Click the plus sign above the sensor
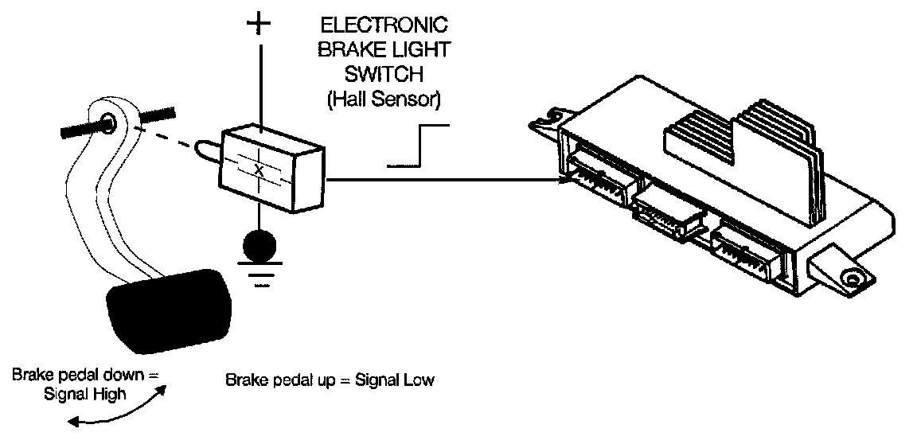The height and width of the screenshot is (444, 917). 259,24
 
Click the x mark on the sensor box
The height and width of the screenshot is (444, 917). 258,169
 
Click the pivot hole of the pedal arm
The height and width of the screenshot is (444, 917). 110,123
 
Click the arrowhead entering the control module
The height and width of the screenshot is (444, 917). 563,180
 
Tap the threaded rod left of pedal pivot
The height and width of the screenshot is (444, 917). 79,128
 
